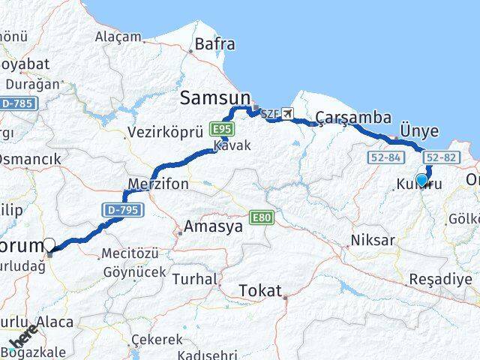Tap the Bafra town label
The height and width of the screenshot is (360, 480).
[214, 44]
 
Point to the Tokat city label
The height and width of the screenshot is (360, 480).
[260, 290]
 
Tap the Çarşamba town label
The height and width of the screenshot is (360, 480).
[353, 117]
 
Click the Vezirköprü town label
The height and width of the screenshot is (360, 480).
[166, 131]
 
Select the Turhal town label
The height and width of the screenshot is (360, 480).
[194, 278]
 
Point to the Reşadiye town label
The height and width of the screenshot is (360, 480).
[440, 279]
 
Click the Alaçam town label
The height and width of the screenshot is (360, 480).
[118, 37]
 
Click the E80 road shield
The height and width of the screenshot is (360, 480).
[263, 218]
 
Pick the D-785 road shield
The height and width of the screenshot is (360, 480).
[16, 102]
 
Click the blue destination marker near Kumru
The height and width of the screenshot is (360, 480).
[421, 180]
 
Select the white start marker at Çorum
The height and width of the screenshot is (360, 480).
[49, 244]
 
